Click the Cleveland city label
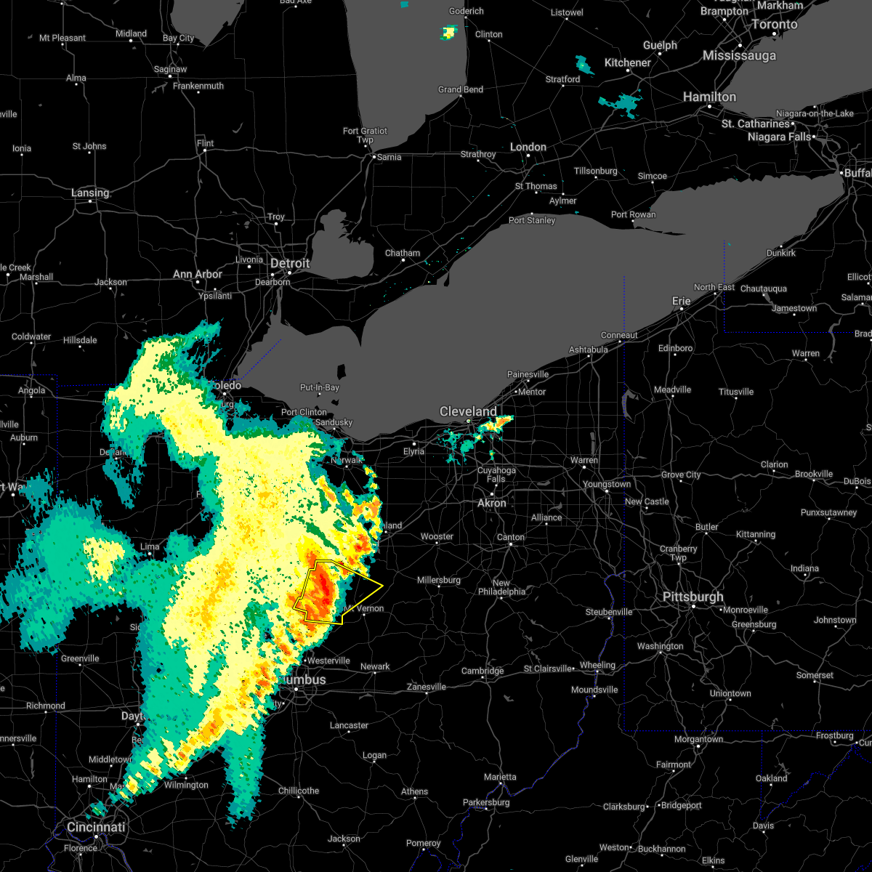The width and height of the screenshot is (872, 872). pos(468,412)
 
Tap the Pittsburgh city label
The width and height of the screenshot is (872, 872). pos(693,597)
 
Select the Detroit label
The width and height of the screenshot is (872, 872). pos(290,263)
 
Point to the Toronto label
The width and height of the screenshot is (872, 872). pos(774,24)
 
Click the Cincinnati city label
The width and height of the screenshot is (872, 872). pos(96,827)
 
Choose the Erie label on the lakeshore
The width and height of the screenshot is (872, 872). pos(681,301)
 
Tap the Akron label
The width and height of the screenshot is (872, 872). pos(492,503)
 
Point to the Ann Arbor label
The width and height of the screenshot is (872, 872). pos(198,274)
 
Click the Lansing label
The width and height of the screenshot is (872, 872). pos(90,193)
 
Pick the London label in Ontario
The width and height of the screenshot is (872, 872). pos(528,147)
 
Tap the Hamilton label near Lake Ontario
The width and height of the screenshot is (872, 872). pos(709,97)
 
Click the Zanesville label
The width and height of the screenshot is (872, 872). pos(426,687)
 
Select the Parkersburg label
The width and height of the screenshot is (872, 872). pos(486,802)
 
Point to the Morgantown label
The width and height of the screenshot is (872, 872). pos(698,739)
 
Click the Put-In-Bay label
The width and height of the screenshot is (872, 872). pos(320,387)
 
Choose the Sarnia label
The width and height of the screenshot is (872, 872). pos(389,157)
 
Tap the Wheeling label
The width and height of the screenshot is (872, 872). pos(597,665)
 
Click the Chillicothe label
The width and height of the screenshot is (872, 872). pos(299,791)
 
